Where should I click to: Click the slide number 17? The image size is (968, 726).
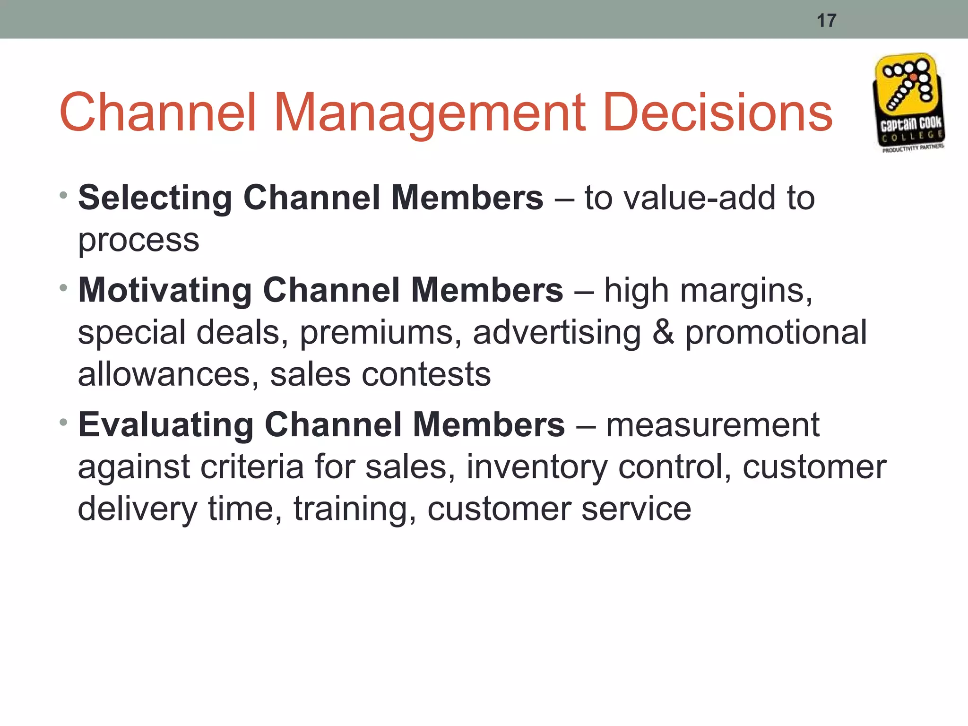pos(827,21)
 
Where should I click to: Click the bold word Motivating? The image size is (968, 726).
pos(165,290)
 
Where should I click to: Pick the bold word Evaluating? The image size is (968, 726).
pos(166,425)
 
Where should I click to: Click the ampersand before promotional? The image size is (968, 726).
pos(663,332)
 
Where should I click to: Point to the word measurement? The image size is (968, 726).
pos(713,425)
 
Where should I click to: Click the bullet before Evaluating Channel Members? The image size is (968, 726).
pos(64,421)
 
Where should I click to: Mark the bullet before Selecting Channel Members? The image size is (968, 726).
pos(64,195)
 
